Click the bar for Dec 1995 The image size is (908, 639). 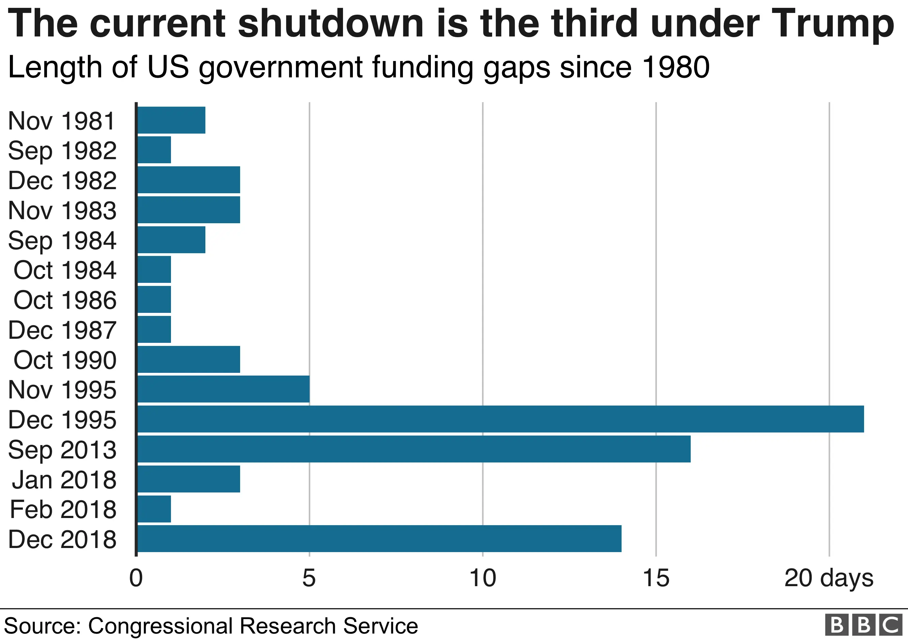tap(500, 419)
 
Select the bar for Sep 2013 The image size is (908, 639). tap(414, 449)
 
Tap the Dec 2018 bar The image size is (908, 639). tap(379, 538)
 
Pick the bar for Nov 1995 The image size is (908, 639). tap(223, 389)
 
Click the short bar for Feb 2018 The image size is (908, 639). tap(154, 509)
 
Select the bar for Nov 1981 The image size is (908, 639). tap(171, 120)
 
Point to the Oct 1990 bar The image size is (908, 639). tap(189, 359)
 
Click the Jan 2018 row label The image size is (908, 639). tap(64, 480)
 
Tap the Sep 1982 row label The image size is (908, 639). tap(62, 151)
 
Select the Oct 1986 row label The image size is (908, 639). tap(65, 300)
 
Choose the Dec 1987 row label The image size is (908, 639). tap(62, 330)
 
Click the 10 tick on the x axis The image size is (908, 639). tap(483, 578)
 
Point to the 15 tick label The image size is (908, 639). tap(656, 578)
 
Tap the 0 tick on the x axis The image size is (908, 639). tap(136, 578)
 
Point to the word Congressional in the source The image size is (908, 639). tap(160, 626)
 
